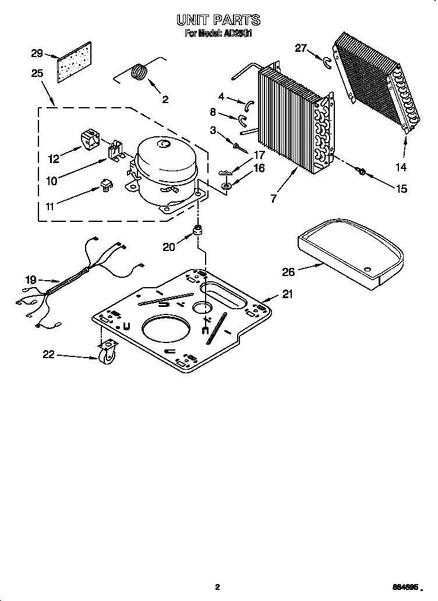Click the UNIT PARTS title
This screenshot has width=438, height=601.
(x=218, y=20)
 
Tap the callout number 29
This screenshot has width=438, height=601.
(x=37, y=54)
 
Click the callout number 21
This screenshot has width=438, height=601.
(x=287, y=295)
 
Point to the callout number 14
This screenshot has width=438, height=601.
(x=401, y=167)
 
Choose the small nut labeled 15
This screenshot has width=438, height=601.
(x=361, y=171)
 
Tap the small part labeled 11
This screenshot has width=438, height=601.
(x=106, y=185)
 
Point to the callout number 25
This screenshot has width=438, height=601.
(x=37, y=73)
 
